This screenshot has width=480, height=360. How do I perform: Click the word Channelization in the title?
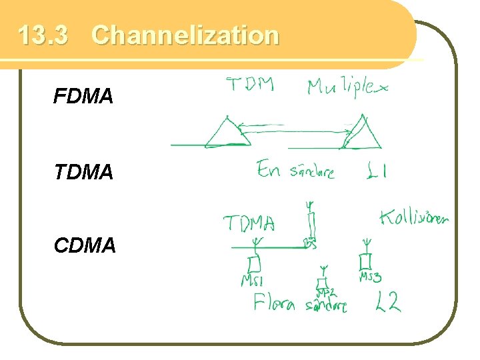(x=185, y=35)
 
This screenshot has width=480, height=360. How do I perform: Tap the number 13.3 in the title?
(x=43, y=35)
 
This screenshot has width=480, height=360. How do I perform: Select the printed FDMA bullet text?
(x=83, y=97)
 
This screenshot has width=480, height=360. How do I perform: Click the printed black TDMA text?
(x=83, y=173)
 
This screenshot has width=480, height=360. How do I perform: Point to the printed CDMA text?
(x=85, y=245)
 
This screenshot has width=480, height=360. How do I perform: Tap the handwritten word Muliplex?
(x=347, y=88)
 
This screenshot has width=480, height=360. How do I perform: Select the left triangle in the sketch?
(x=227, y=132)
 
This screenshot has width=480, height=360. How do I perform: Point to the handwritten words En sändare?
(x=295, y=171)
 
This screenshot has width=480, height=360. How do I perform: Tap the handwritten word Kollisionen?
(x=414, y=217)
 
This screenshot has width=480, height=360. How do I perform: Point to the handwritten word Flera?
(x=274, y=304)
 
